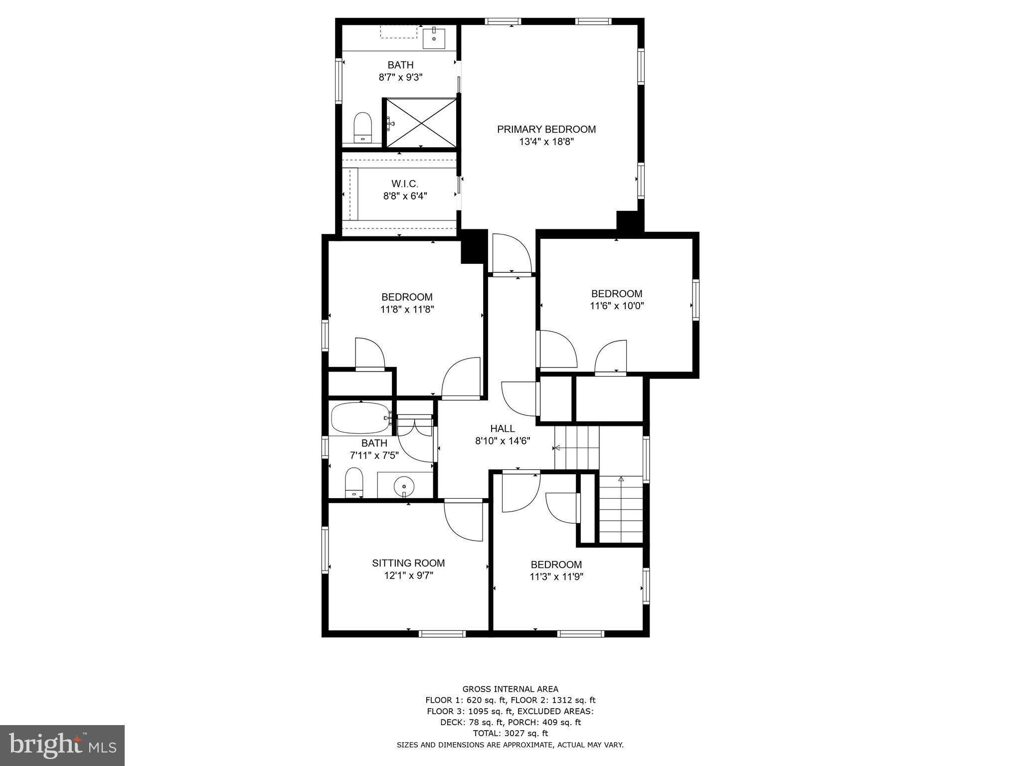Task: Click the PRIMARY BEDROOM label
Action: pos(546,129)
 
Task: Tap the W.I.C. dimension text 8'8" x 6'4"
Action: pos(405,196)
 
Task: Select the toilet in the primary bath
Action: pos(362,128)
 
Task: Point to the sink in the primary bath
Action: pos(434,38)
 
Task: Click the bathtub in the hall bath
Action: pos(361,418)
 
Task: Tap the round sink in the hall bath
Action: pos(403,485)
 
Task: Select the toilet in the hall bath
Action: pos(354,482)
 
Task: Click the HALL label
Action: pos(502,428)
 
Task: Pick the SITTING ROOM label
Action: pos(408,563)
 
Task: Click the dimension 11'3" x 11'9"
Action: pos(556,577)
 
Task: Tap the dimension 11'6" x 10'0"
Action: pos(617,306)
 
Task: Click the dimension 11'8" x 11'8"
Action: pos(407,309)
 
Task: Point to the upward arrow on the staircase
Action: pos(621,479)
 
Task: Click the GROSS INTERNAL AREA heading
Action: pos(510,689)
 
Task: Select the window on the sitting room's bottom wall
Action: pos(442,633)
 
